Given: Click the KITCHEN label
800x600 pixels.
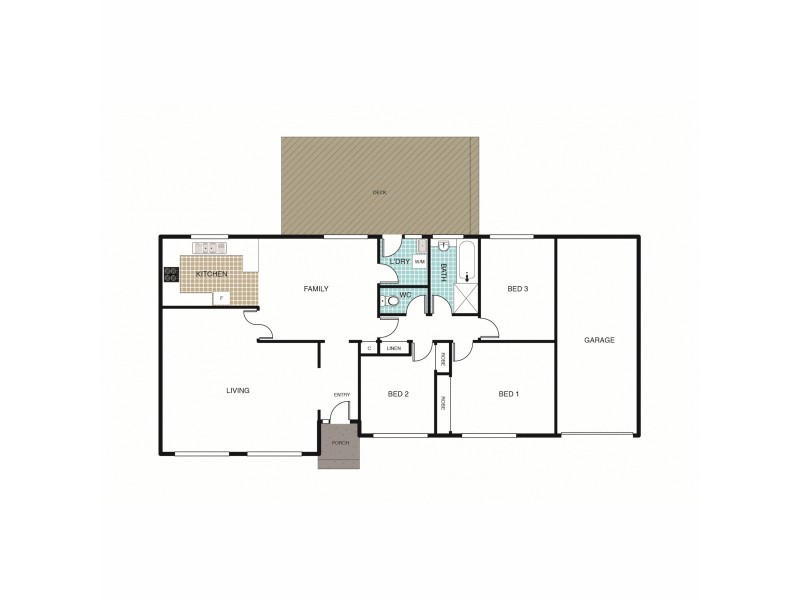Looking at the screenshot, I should [211, 274].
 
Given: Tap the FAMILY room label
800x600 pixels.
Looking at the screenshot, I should [316, 289].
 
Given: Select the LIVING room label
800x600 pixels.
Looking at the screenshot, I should [237, 390].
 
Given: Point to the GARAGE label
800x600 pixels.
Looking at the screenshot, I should [599, 340].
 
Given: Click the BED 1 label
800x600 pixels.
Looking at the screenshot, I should [508, 394].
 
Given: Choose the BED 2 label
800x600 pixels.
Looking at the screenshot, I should [398, 394].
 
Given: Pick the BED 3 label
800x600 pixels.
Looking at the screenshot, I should [517, 289].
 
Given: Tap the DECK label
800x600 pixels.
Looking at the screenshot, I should [379, 192].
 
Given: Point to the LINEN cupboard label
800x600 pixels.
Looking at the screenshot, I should [394, 348].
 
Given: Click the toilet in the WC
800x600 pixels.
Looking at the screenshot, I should [393, 298].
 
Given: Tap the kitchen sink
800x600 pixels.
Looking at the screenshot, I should [211, 247].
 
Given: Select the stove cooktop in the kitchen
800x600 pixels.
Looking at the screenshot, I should [170, 274].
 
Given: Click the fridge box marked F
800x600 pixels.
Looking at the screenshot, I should [222, 298].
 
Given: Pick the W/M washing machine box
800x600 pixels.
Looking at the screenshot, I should [419, 262].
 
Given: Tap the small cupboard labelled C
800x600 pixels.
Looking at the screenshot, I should [369, 348].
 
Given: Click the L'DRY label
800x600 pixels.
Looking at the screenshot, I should [399, 262].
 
